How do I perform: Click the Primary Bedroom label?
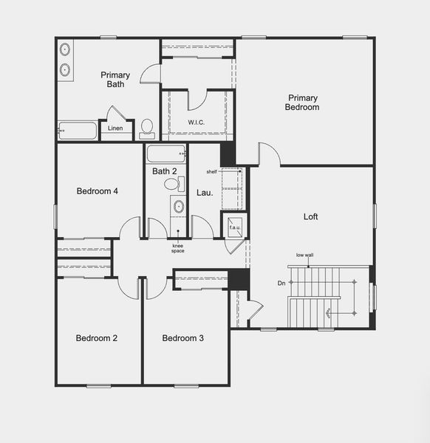[x=303, y=103]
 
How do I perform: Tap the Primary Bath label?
[x=115, y=79]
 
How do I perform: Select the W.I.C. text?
[x=197, y=123]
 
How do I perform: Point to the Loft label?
[x=311, y=217]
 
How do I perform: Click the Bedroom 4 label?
[x=98, y=191]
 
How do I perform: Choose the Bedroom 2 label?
[x=97, y=339]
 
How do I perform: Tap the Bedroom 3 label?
[x=183, y=339]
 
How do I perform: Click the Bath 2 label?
[x=165, y=171]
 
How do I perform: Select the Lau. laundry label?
[x=205, y=193]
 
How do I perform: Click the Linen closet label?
[x=115, y=128]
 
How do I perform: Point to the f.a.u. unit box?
[x=235, y=227]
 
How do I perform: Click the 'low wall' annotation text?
[x=304, y=255]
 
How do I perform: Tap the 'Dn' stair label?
[x=281, y=284]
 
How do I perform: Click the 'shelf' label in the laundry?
[x=212, y=171]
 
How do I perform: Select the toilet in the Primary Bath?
[x=147, y=129]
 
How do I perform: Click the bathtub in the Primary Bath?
[x=78, y=131]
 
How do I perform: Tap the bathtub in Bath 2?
[x=165, y=154]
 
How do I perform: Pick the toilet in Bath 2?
[x=180, y=185]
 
